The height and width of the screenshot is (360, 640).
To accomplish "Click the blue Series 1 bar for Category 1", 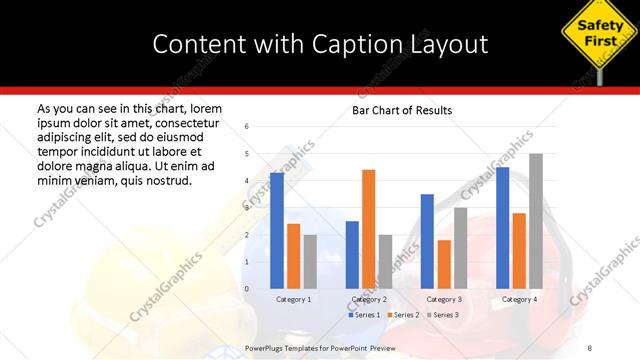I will [277, 231].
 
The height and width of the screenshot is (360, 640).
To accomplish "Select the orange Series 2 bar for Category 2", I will [368, 229].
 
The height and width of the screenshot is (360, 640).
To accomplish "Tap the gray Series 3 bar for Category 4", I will [536, 221].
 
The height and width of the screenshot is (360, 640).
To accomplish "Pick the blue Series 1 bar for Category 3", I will [427, 241].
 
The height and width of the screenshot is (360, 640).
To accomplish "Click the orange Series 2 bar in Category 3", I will [444, 264].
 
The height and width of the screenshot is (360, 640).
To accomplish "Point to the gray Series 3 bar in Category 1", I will [310, 262].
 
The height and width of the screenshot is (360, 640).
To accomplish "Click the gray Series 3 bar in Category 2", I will [385, 262].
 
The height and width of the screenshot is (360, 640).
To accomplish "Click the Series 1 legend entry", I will [365, 315].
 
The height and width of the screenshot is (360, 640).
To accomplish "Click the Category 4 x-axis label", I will [519, 299].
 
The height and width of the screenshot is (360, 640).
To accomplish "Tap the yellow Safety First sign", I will [600, 32].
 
